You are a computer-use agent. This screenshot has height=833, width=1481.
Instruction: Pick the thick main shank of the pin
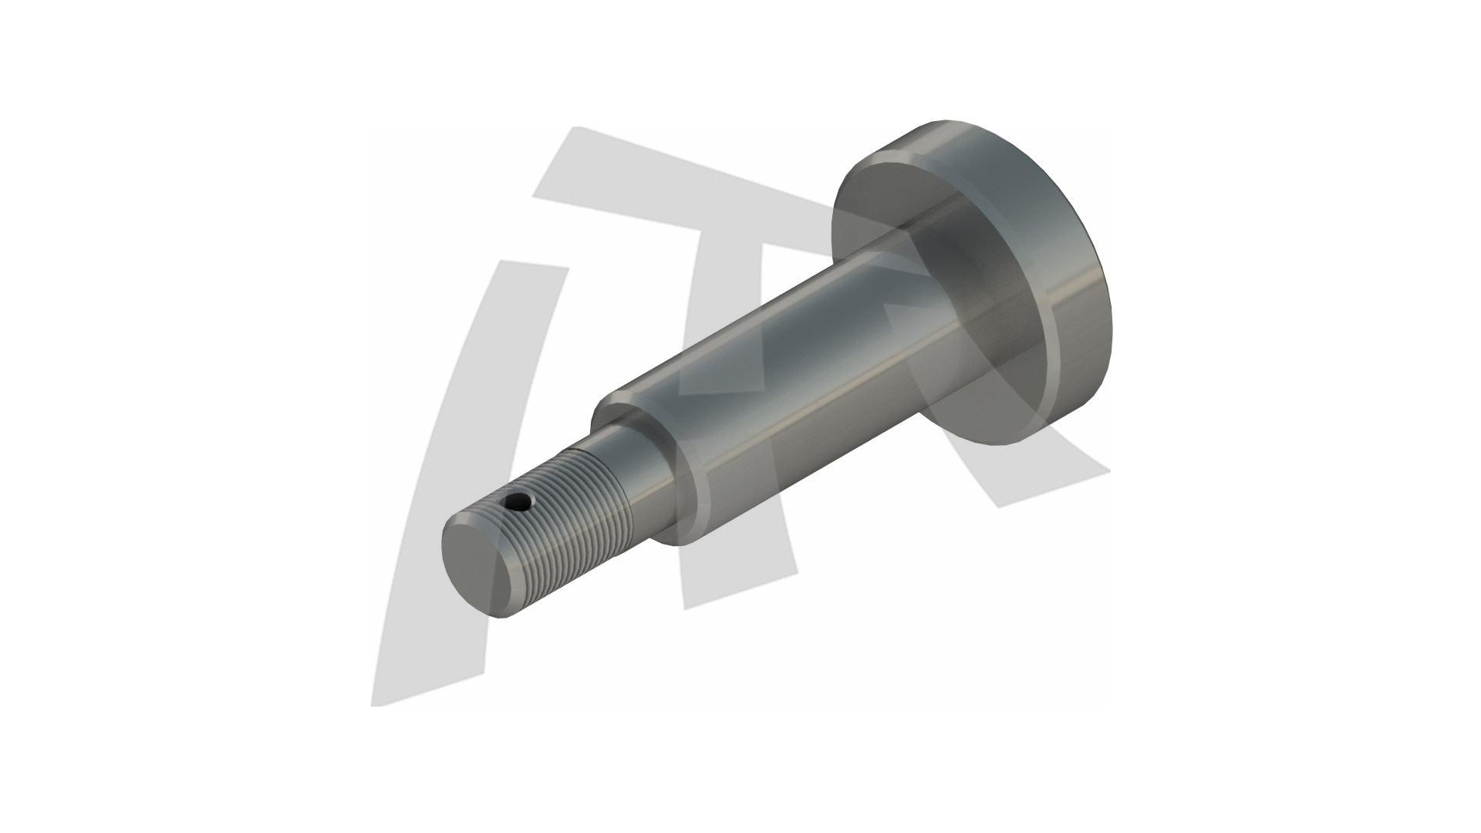click(x=794, y=370)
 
